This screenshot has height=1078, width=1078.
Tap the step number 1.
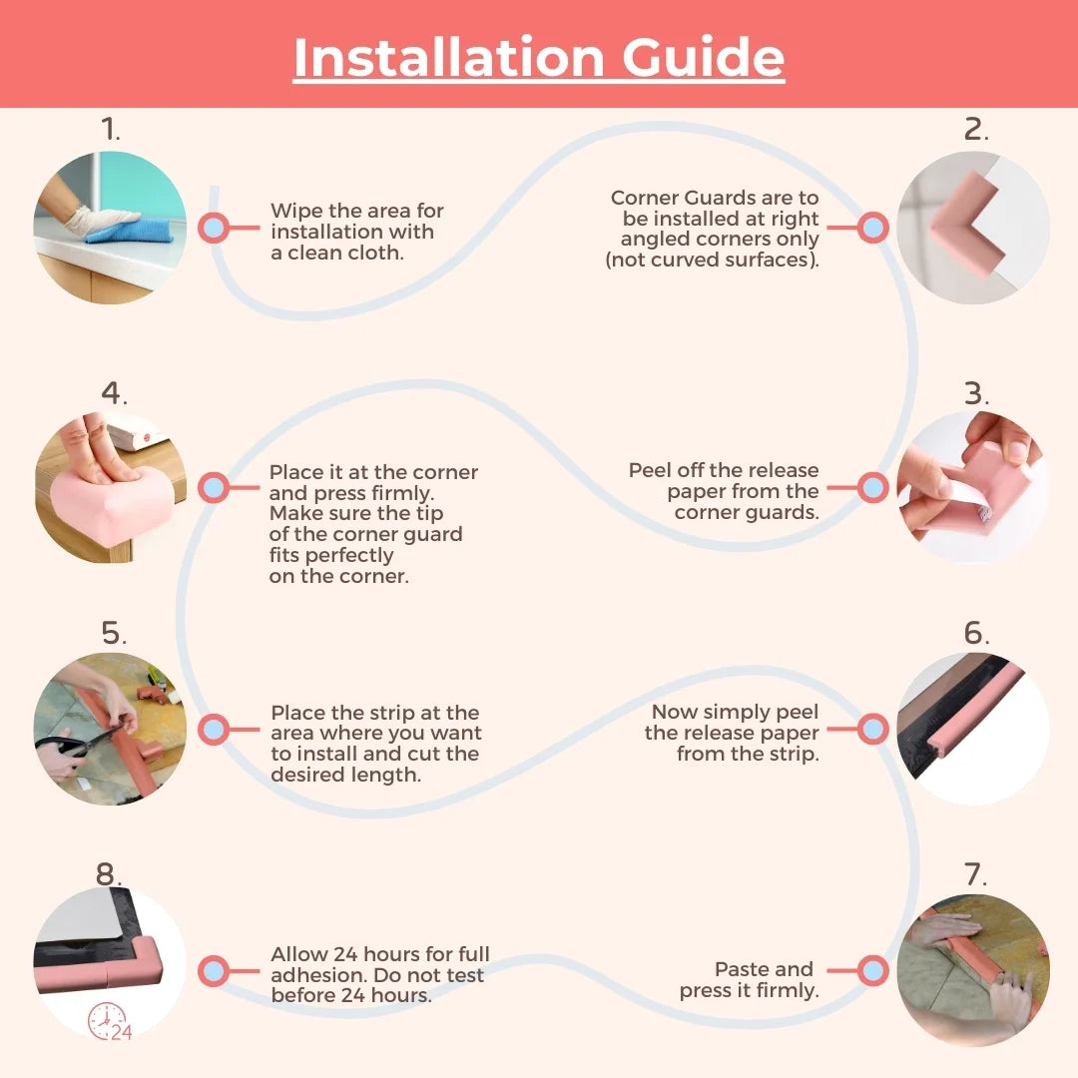coord(110,129)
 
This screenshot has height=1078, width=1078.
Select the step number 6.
coord(975,633)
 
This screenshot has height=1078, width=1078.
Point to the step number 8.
coord(108,873)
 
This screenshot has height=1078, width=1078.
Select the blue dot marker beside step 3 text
coord(872,487)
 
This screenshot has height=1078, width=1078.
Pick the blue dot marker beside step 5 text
coord(214,729)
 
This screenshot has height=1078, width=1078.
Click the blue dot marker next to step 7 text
coord(872,971)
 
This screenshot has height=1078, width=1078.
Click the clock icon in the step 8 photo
coord(106,1021)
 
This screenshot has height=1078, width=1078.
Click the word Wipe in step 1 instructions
coord(295,211)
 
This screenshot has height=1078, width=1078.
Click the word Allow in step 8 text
coord(298,954)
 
